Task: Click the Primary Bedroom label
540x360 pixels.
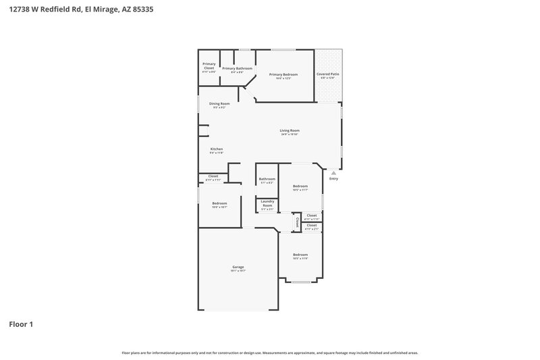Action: (x=283, y=74)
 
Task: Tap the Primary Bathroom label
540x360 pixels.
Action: (x=238, y=68)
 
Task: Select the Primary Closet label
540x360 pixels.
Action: (x=209, y=66)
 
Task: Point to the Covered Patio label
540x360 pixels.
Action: (x=328, y=74)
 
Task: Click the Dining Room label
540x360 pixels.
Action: (x=219, y=103)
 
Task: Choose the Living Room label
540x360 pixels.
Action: (x=290, y=130)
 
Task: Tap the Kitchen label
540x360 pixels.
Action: (x=217, y=149)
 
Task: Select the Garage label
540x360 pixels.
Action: (x=238, y=267)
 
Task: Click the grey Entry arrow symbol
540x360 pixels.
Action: (x=333, y=173)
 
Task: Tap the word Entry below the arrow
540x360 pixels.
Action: (x=333, y=179)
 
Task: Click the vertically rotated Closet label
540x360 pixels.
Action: (x=297, y=222)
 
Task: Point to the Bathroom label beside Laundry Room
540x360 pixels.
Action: (x=267, y=179)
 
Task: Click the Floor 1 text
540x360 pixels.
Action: (x=21, y=324)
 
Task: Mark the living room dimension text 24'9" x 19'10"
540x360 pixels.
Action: (x=290, y=134)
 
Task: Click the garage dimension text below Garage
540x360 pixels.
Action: (x=238, y=271)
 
